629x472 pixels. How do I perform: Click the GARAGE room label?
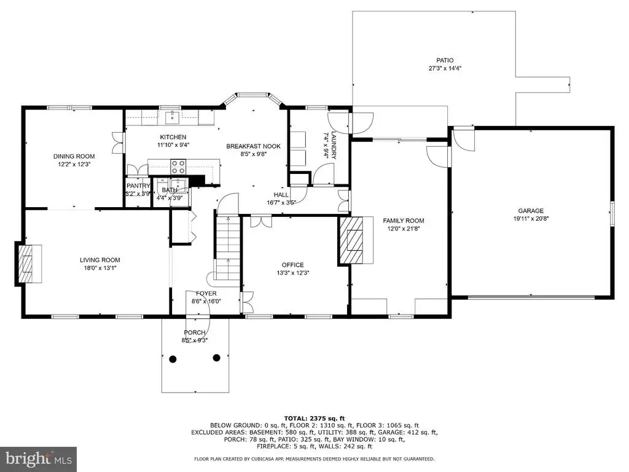click(531, 211)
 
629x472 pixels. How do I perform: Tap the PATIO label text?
click(445, 61)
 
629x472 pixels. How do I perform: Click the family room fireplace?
click(351, 240)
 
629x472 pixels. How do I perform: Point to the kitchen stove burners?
click(179, 167)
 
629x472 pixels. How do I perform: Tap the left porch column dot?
click(173, 359)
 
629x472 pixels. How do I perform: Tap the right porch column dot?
click(217, 358)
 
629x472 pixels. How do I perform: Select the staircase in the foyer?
click(228, 248)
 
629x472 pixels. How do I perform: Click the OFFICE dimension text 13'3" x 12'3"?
click(293, 273)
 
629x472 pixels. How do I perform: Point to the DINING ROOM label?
click(74, 156)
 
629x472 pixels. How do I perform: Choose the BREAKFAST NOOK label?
click(254, 146)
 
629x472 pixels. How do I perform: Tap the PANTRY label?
click(138, 186)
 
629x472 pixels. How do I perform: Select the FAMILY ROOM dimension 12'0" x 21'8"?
click(403, 229)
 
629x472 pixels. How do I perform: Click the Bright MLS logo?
click(39, 458)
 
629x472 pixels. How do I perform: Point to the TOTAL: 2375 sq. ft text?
click(314, 418)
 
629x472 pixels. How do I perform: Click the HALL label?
click(281, 195)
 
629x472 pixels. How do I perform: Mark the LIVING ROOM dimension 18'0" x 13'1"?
click(100, 268)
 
